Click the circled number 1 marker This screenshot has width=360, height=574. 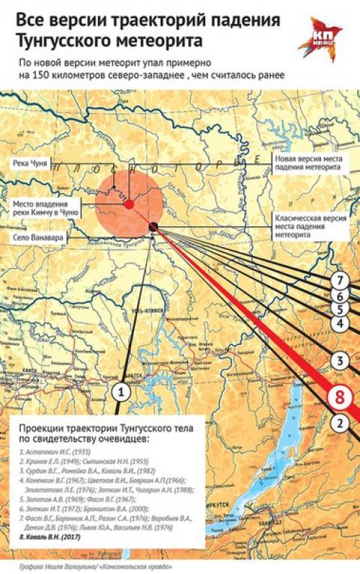(122, 392)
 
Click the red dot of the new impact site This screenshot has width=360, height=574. (128, 205)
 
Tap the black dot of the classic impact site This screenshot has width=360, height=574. (153, 228)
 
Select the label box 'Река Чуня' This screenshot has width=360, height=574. (30, 164)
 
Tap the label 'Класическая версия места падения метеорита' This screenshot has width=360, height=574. (308, 225)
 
